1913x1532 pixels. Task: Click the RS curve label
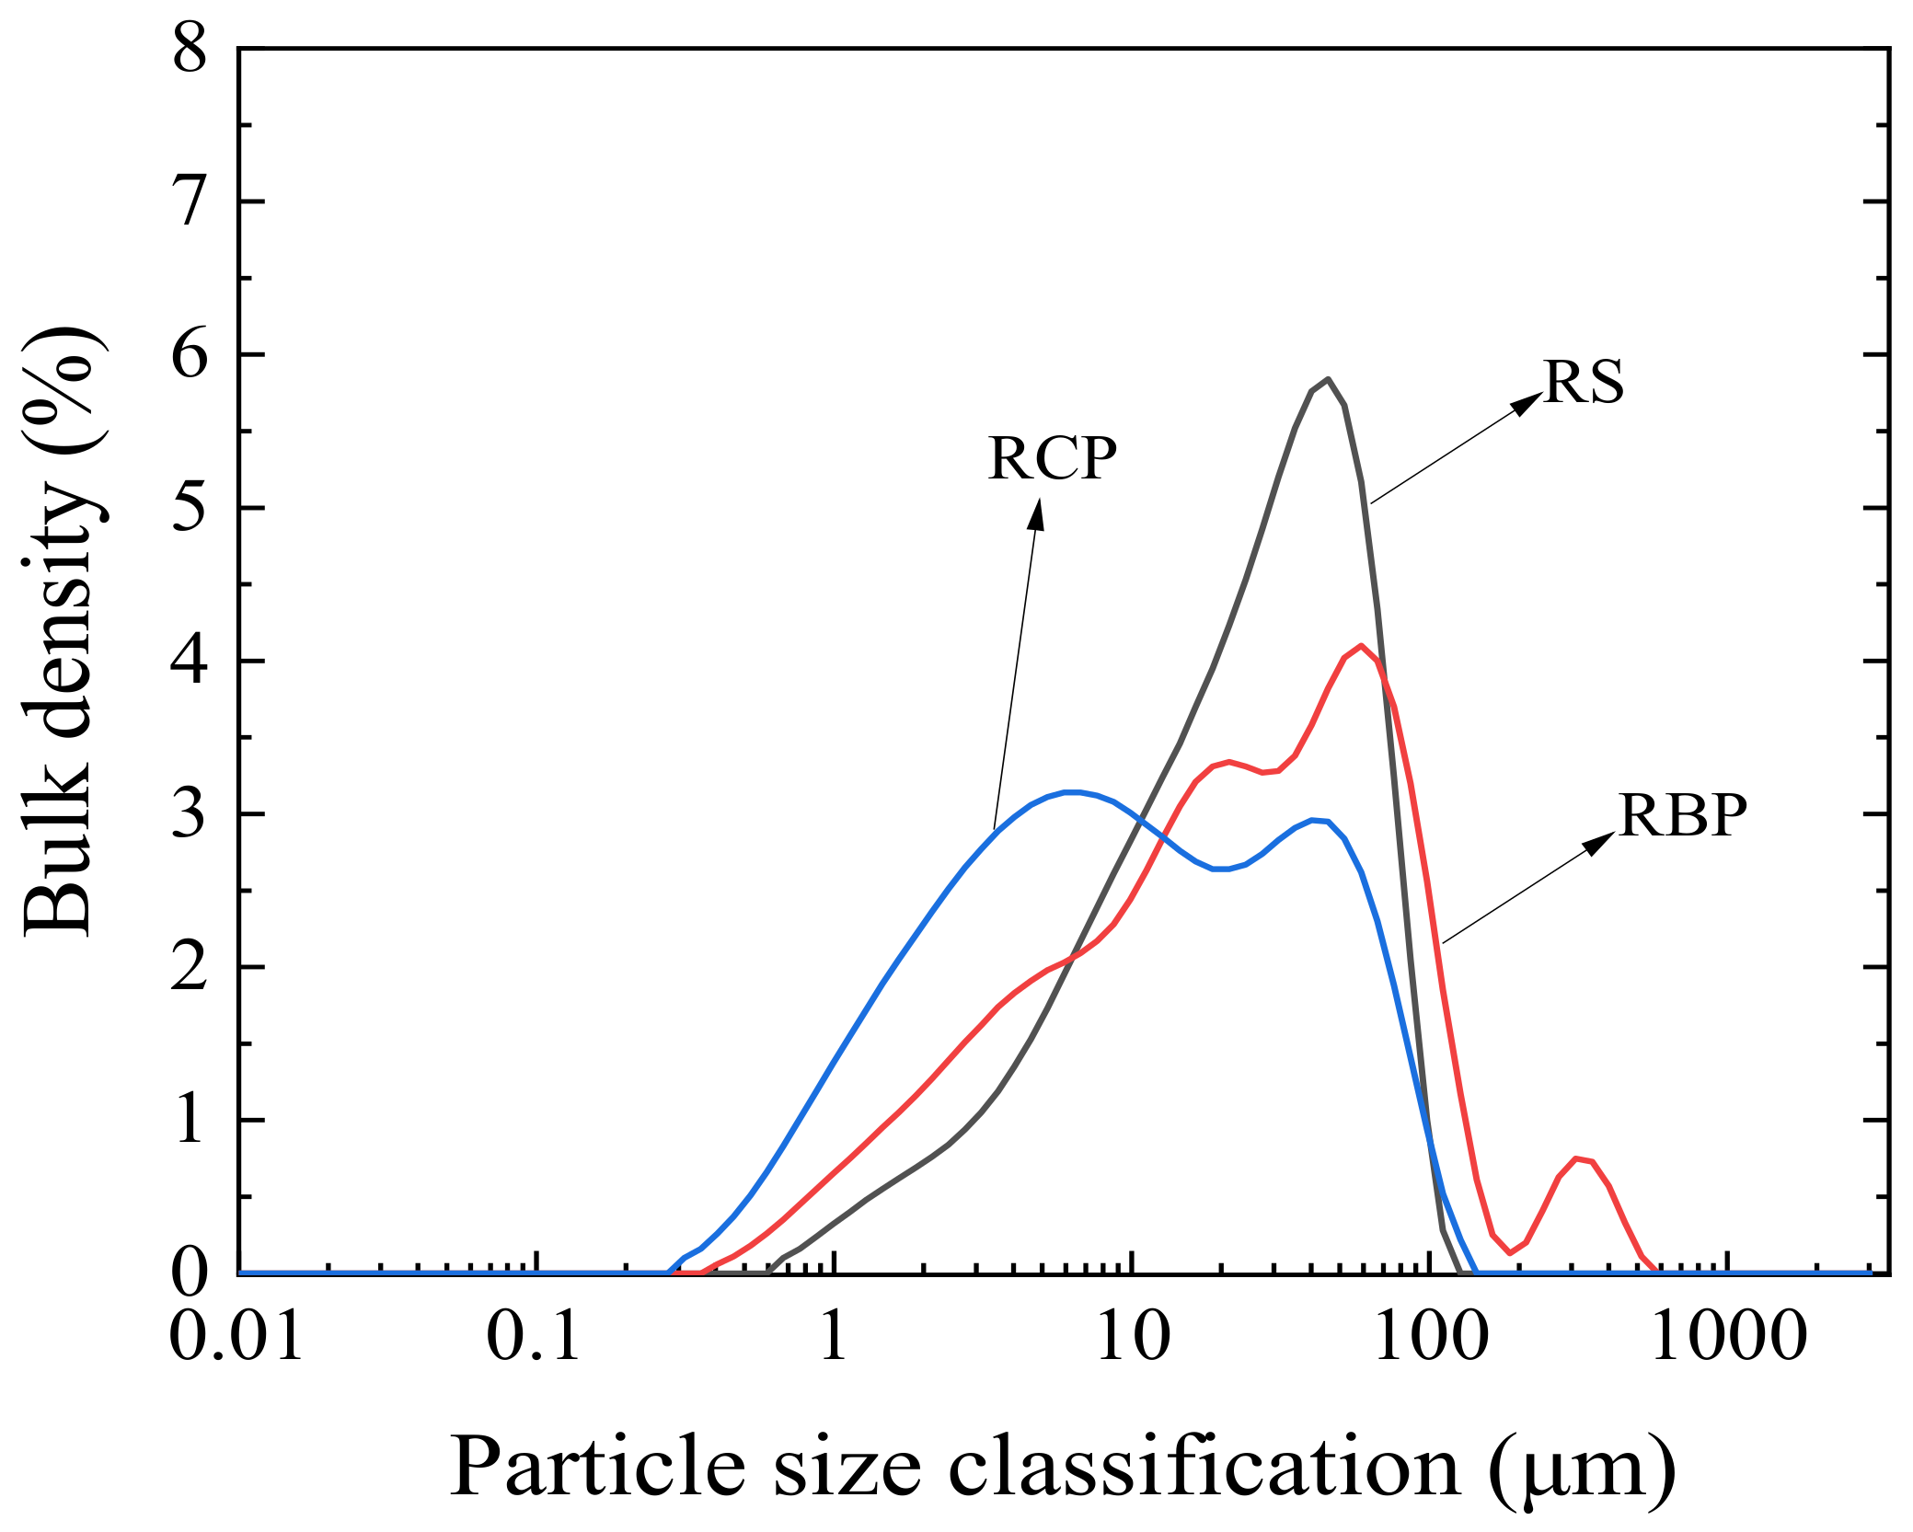pos(1583,382)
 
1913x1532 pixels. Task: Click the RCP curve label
pos(1052,457)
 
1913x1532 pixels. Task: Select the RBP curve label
pos(1682,815)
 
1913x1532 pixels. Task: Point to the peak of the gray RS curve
pos(1327,379)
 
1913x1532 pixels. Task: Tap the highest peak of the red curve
pos(1360,646)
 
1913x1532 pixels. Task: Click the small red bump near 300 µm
pos(1577,1159)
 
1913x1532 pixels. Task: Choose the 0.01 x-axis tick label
pos(236,1336)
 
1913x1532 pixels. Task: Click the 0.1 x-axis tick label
pos(534,1336)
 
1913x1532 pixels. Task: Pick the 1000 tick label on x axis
pos(1729,1336)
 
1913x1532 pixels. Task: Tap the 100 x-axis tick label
pos(1430,1336)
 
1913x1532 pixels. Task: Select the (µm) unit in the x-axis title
pos(1582,1469)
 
